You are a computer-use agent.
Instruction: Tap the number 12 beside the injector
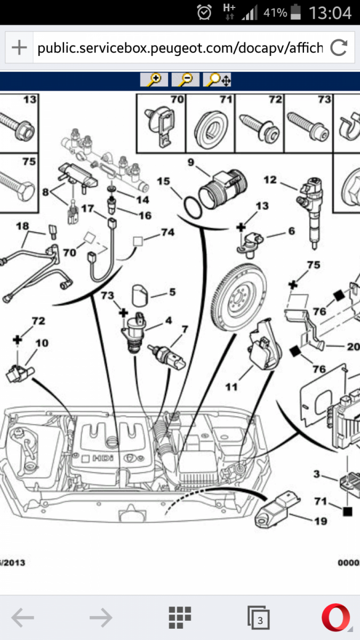coord(270,180)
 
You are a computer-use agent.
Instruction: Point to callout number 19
coord(321,521)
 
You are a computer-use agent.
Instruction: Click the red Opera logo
coord(337,619)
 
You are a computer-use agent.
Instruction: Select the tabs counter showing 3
coord(259,619)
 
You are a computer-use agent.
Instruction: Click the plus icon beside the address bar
coord(19,48)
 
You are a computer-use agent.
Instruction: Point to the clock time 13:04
coord(331,12)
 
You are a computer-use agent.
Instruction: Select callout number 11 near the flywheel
coord(231,387)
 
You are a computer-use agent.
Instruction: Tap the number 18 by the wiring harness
coord(22,226)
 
